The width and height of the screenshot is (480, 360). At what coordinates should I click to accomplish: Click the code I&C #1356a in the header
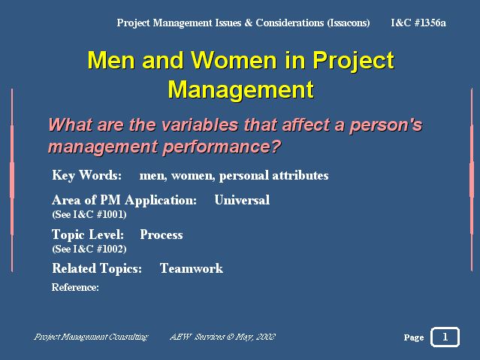pyautogui.click(x=418, y=23)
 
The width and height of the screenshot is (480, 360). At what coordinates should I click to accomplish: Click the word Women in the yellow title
pyautogui.click(x=234, y=60)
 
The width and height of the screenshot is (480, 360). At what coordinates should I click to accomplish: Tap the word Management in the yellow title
pyautogui.click(x=240, y=89)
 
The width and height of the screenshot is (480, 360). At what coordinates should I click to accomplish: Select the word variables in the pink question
pyautogui.click(x=199, y=125)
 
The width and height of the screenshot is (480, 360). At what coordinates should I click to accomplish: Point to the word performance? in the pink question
pyautogui.click(x=222, y=147)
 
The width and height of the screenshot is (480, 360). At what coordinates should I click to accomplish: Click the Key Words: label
pyautogui.click(x=87, y=176)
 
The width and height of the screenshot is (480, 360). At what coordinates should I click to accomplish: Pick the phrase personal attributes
pyautogui.click(x=273, y=176)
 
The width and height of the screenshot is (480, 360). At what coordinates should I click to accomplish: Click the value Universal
pyautogui.click(x=242, y=200)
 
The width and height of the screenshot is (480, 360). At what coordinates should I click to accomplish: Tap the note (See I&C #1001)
pyautogui.click(x=89, y=214)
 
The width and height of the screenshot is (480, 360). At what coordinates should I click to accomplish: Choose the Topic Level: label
pyautogui.click(x=88, y=234)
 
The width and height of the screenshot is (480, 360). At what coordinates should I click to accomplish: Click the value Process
pyautogui.click(x=162, y=234)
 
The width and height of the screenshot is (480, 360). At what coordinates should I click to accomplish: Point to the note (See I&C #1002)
pyautogui.click(x=89, y=249)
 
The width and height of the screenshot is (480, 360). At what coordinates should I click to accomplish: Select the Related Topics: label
pyautogui.click(x=97, y=269)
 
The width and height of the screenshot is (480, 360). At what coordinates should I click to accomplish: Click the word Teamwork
pyautogui.click(x=192, y=268)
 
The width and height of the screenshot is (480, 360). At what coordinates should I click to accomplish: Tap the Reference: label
pyautogui.click(x=75, y=287)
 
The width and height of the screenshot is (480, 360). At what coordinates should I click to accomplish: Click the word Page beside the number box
pyautogui.click(x=414, y=337)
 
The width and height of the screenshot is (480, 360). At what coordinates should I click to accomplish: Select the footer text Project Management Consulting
pyautogui.click(x=91, y=337)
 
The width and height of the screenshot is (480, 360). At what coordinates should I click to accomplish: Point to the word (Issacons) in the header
pyautogui.click(x=349, y=23)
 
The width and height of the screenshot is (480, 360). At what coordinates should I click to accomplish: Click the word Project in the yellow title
pyautogui.click(x=353, y=61)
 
